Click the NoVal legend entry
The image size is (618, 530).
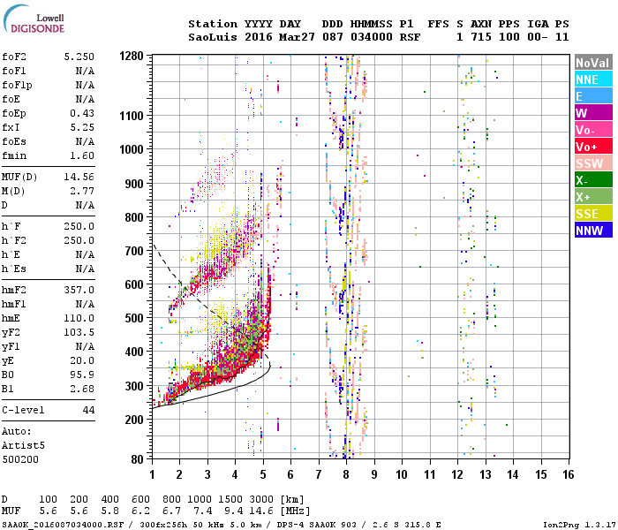592,63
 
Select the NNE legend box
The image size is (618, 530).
592,79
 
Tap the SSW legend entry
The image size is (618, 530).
592,163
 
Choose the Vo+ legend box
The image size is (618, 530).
592,147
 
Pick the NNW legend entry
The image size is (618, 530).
592,231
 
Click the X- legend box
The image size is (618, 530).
592,180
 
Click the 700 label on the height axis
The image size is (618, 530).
133,250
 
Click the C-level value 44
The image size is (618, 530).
88,411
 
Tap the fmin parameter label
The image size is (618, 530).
16,155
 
